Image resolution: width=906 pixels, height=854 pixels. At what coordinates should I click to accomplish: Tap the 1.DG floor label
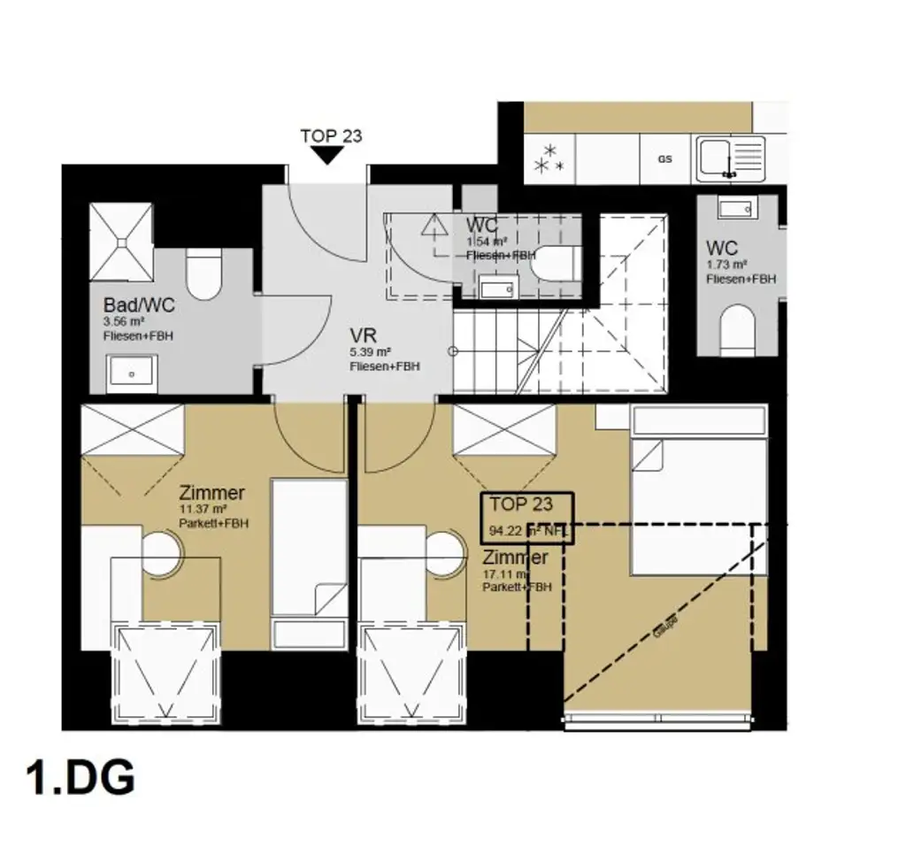(x=81, y=779)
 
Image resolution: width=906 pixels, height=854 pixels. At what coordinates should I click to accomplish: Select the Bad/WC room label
(x=139, y=306)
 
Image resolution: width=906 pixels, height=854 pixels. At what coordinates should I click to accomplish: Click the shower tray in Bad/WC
(x=122, y=241)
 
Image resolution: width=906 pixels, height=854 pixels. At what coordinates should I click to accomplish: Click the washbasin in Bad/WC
(x=131, y=373)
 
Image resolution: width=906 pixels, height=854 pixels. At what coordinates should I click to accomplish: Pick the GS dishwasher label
(x=664, y=159)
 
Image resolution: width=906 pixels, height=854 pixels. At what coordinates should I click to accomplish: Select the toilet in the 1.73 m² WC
(x=737, y=331)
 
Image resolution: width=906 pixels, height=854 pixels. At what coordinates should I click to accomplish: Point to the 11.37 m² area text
(x=203, y=510)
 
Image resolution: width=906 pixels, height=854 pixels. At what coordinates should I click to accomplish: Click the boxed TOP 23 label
(x=527, y=518)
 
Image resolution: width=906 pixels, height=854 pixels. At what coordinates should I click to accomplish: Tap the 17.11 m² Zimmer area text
(x=505, y=573)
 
